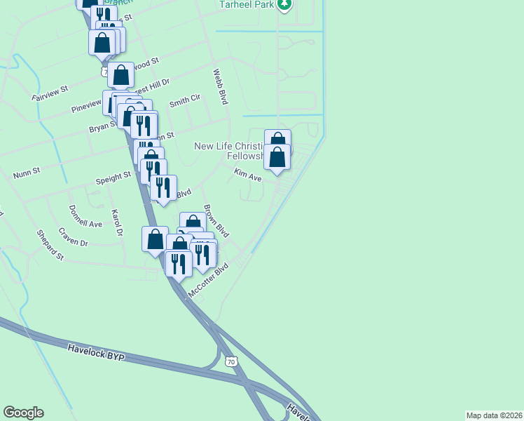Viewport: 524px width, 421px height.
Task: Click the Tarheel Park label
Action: (x=246, y=4)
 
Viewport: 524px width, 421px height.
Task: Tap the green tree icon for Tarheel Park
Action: (x=284, y=5)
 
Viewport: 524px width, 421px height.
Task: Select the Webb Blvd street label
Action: (x=221, y=87)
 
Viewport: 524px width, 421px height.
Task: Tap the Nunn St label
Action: (x=27, y=171)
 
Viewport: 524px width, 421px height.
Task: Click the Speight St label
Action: (x=113, y=175)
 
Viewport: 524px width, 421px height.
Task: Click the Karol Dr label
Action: (x=117, y=222)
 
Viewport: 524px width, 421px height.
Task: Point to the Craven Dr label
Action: (x=73, y=242)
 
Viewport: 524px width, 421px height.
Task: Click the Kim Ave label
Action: (x=247, y=175)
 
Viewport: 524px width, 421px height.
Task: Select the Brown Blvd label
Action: (x=216, y=221)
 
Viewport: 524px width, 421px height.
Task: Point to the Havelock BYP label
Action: (x=96, y=352)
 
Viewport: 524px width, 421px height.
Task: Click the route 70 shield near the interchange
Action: (x=231, y=361)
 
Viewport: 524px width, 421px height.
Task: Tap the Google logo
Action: (x=23, y=413)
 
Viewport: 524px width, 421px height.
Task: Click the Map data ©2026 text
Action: (x=494, y=415)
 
